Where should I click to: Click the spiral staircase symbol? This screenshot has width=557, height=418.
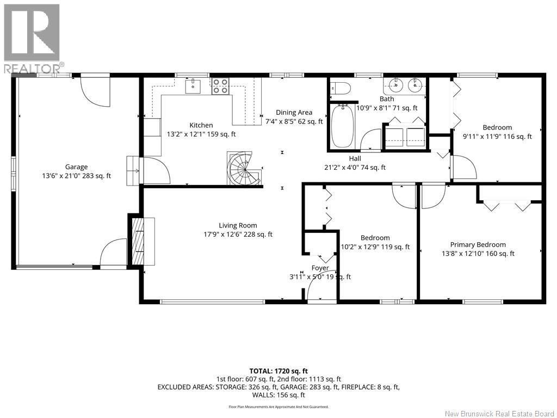pos(244,169)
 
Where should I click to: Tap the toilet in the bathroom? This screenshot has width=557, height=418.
pos(341,88)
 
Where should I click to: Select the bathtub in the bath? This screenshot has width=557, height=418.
pos(342,126)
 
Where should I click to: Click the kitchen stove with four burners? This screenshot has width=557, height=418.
pos(220,87)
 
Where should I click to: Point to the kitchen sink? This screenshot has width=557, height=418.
pos(193,87)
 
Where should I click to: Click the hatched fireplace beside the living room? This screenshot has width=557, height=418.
pos(138,241)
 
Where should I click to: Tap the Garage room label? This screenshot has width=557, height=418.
pos(76,167)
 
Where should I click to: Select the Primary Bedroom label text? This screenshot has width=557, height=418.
pos(478,244)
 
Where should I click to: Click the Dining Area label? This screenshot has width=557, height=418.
pos(294,112)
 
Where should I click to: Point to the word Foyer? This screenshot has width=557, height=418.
pos(320,268)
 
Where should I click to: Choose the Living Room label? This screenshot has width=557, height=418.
pos(238,225)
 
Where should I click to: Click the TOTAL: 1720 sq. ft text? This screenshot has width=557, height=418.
pos(278,371)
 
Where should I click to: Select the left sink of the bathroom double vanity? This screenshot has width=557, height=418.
pos(395,85)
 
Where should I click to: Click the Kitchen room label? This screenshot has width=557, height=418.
pos(201,125)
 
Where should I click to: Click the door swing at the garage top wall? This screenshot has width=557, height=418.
pos(95,91)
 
